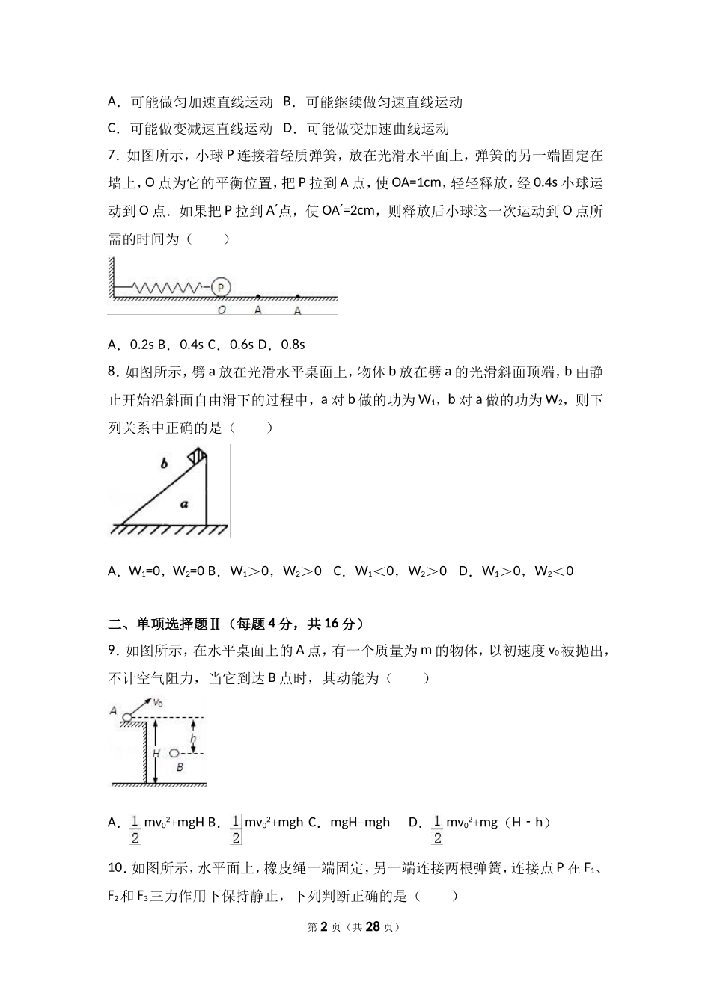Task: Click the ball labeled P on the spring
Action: pyautogui.click(x=221, y=286)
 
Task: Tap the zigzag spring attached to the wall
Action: pyautogui.click(x=168, y=286)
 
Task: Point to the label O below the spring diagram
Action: pyautogui.click(x=222, y=309)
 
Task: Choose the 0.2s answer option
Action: pyautogui.click(x=141, y=345)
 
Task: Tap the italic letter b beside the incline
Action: pyautogui.click(x=164, y=464)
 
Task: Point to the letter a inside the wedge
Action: pyautogui.click(x=183, y=504)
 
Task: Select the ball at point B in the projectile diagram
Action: pyautogui.click(x=174, y=753)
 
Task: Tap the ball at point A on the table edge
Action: pyautogui.click(x=128, y=717)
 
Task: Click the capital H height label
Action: pyautogui.click(x=156, y=753)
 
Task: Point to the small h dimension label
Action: pyautogui.click(x=193, y=740)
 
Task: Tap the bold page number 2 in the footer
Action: pyautogui.click(x=324, y=926)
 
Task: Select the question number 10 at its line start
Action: pyautogui.click(x=116, y=867)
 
